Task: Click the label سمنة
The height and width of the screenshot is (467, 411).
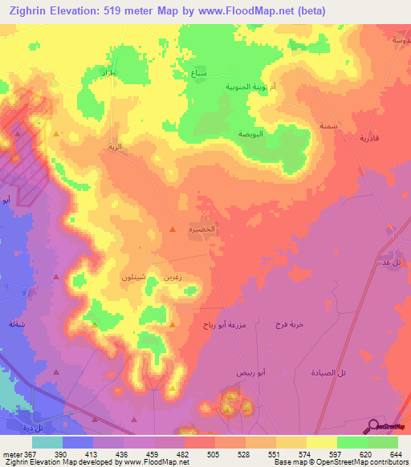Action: click(327, 125)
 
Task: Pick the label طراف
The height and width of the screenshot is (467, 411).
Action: click(107, 73)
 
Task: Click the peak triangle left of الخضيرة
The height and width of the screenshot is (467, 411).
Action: click(173, 232)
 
